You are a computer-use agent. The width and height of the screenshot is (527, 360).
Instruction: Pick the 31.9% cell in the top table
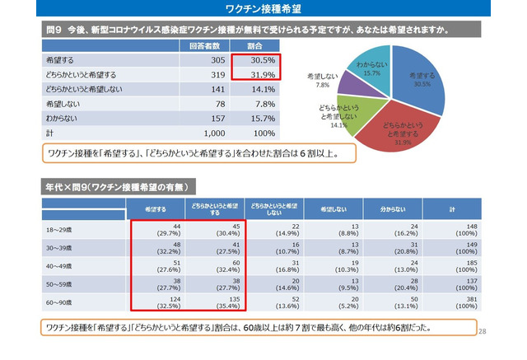(x=255, y=74)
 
